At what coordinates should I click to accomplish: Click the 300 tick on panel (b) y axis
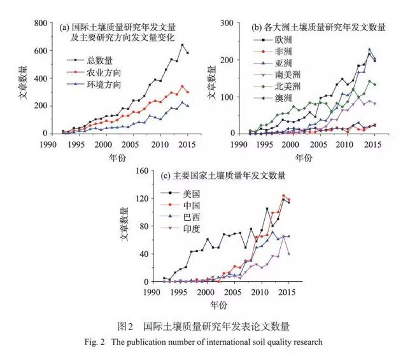230,23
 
